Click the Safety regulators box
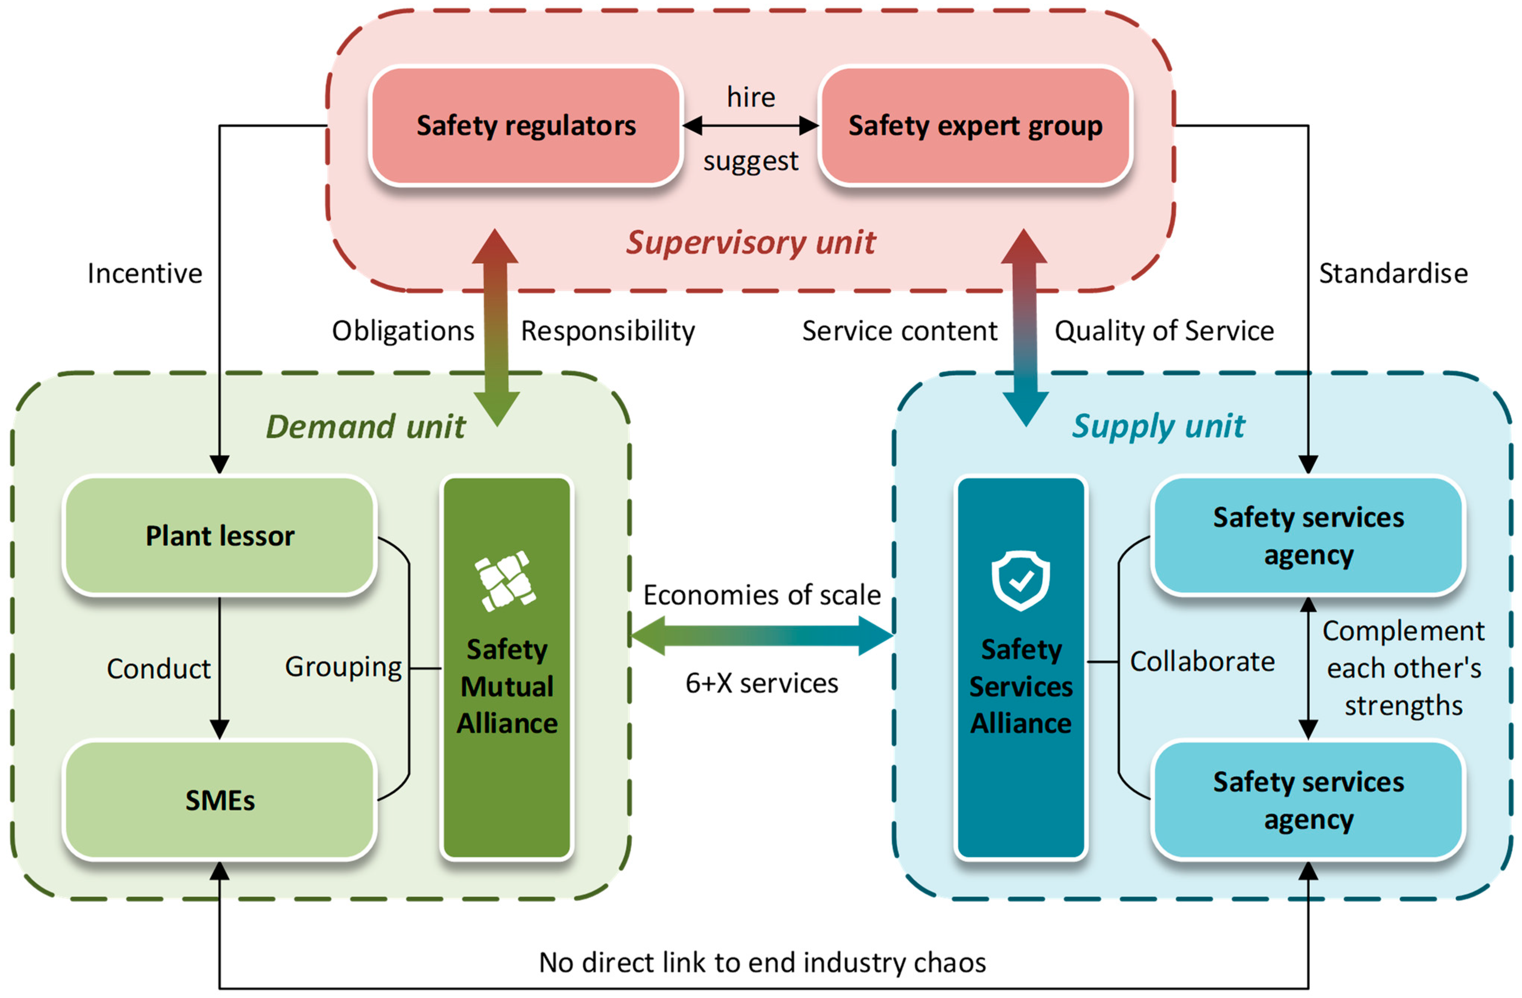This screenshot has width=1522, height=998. pyautogui.click(x=525, y=126)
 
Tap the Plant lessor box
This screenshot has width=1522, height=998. pyautogui.click(x=219, y=535)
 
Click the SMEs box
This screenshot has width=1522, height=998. pyautogui.click(x=219, y=800)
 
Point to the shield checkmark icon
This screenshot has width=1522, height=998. pyautogui.click(x=1021, y=580)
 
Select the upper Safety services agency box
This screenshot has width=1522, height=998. pyautogui.click(x=1308, y=535)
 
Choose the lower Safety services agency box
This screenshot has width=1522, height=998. pyautogui.click(x=1308, y=800)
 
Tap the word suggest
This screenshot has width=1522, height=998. pyautogui.click(x=751, y=161)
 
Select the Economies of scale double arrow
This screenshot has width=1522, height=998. pyautogui.click(x=761, y=636)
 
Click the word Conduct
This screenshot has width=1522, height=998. pyautogui.click(x=159, y=669)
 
